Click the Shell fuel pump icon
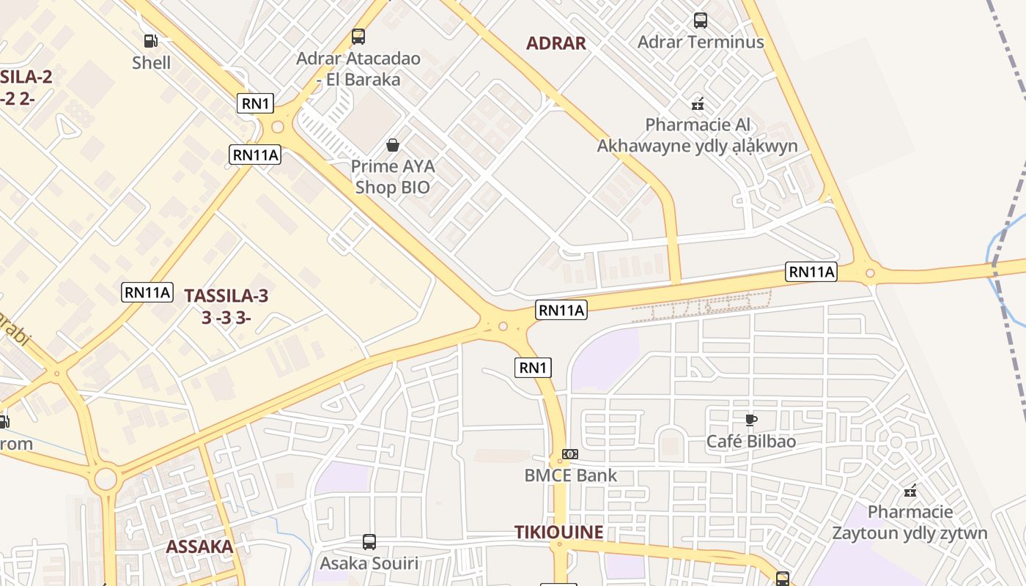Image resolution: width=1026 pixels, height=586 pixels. point(151,41)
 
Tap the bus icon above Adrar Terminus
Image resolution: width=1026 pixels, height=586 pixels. point(700,21)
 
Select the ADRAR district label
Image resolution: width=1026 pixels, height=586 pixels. point(556,43)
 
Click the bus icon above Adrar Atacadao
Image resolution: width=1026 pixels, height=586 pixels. point(358,36)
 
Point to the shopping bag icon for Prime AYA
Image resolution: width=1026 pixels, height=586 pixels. point(393,145)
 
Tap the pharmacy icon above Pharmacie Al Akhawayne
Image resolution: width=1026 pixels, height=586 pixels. point(697,104)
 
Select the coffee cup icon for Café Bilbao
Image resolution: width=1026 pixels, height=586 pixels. point(750,420)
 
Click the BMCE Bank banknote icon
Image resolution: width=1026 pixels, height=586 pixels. point(570,454)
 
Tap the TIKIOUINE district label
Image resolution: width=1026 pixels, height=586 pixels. point(558,533)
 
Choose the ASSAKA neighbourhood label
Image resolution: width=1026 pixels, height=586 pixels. point(199,546)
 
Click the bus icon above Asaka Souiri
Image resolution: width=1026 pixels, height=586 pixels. point(369,542)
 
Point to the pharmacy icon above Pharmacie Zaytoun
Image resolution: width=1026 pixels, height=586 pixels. point(910,490)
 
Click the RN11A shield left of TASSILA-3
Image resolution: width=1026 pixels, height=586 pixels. point(147,292)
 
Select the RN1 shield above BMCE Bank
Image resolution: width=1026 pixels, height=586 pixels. point(533,368)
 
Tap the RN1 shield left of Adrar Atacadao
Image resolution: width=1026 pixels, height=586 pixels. point(255,103)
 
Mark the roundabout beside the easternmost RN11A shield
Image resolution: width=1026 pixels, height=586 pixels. point(870,274)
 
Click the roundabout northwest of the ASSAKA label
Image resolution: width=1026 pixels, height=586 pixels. point(106,480)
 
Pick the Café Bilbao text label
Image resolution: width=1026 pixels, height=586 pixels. point(750,442)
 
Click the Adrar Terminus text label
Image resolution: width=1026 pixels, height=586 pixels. point(700,42)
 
